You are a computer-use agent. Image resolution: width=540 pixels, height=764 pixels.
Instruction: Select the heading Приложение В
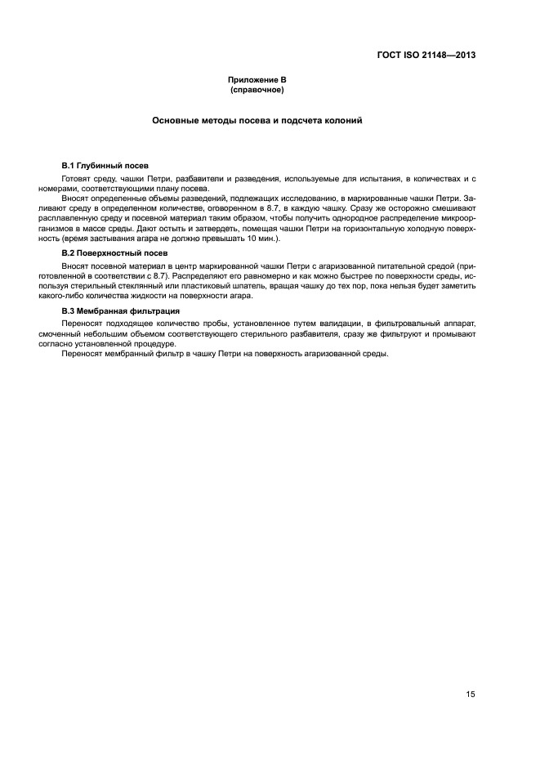tap(257, 79)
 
